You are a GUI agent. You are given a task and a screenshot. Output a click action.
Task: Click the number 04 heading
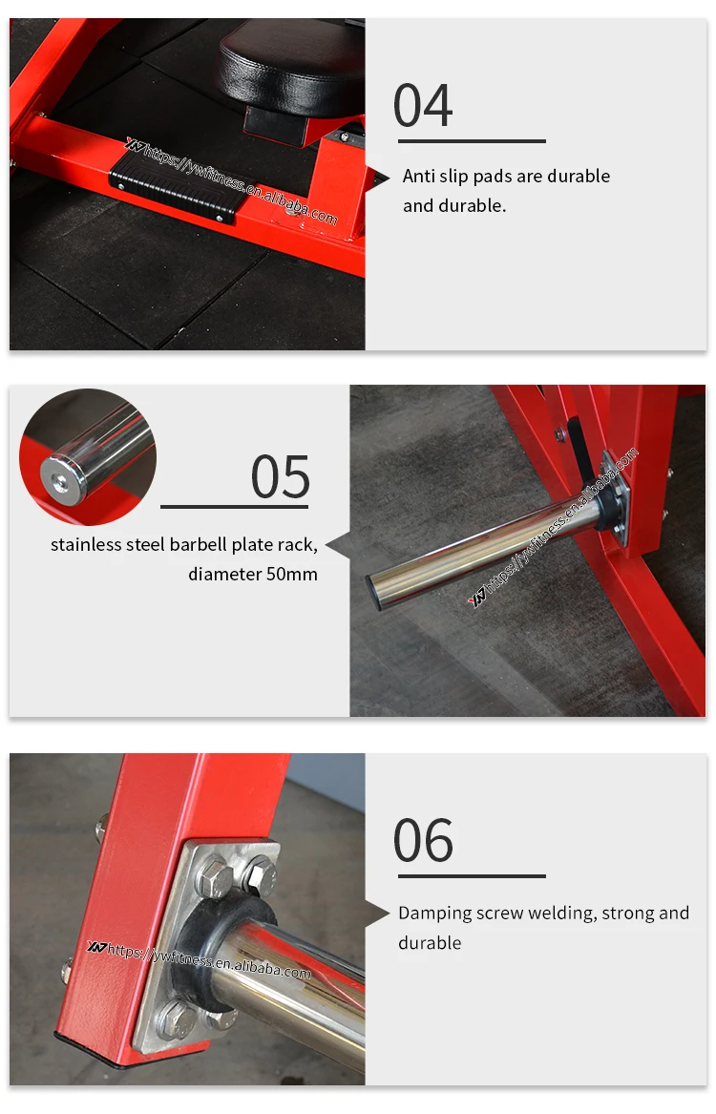(423, 105)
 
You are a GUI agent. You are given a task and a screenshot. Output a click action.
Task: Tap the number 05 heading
(281, 477)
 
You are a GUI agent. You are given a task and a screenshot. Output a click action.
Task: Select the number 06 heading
(423, 840)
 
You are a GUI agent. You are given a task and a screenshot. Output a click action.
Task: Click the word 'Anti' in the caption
(419, 176)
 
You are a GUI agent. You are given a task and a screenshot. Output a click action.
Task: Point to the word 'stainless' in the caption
(86, 544)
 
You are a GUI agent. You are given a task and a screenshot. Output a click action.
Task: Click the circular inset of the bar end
(88, 457)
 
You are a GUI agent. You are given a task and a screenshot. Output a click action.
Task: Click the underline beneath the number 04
(472, 141)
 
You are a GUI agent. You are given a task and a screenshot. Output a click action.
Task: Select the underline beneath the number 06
(472, 876)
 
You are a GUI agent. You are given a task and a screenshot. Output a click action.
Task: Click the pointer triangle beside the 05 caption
(338, 544)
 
